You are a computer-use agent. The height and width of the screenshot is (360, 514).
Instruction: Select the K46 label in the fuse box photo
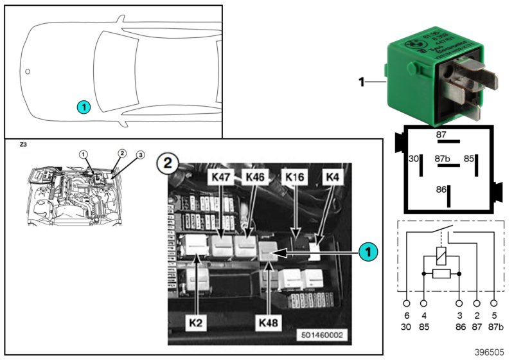[x=253, y=175]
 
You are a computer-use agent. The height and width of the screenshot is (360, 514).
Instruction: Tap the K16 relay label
[x=294, y=175]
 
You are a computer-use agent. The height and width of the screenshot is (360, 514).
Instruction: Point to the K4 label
[x=333, y=175]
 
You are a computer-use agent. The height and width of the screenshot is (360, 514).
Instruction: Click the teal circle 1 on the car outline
[x=83, y=107]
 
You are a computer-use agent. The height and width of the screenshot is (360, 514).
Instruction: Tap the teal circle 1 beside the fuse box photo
[x=367, y=252]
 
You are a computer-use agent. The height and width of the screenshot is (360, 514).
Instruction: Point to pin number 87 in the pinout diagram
[x=441, y=135]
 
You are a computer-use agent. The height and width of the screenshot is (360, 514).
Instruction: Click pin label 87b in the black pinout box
[x=441, y=157]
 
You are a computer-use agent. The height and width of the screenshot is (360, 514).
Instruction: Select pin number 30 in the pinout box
[x=414, y=157]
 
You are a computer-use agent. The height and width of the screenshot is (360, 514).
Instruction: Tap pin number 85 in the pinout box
[x=469, y=157]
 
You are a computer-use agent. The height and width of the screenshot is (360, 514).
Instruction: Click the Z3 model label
[x=24, y=145]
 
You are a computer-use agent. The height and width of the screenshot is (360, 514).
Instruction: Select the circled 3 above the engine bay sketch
[x=140, y=155]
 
